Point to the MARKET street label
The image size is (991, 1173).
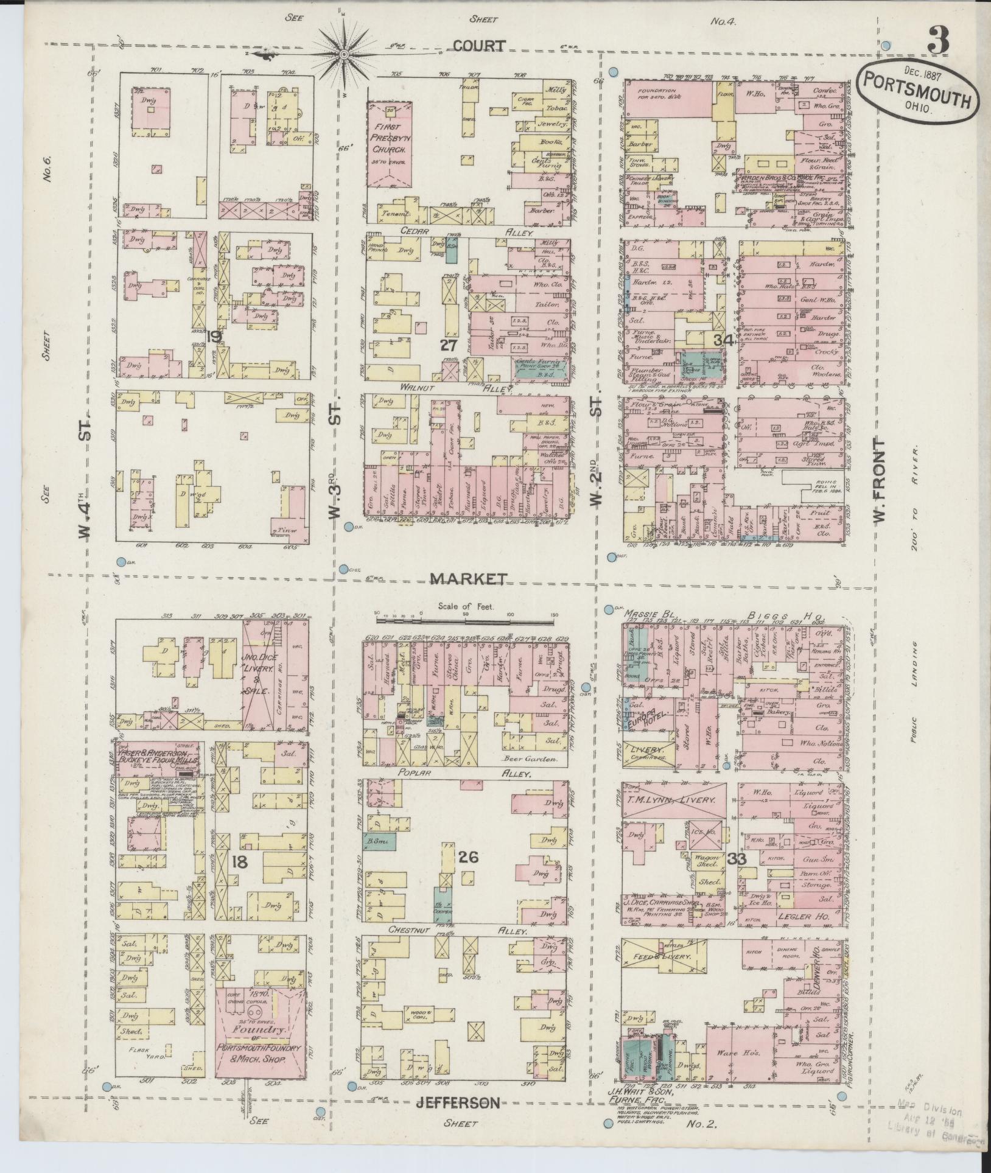468,578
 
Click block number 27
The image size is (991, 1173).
449,345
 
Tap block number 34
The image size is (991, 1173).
723,340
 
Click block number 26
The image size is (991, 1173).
469,857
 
